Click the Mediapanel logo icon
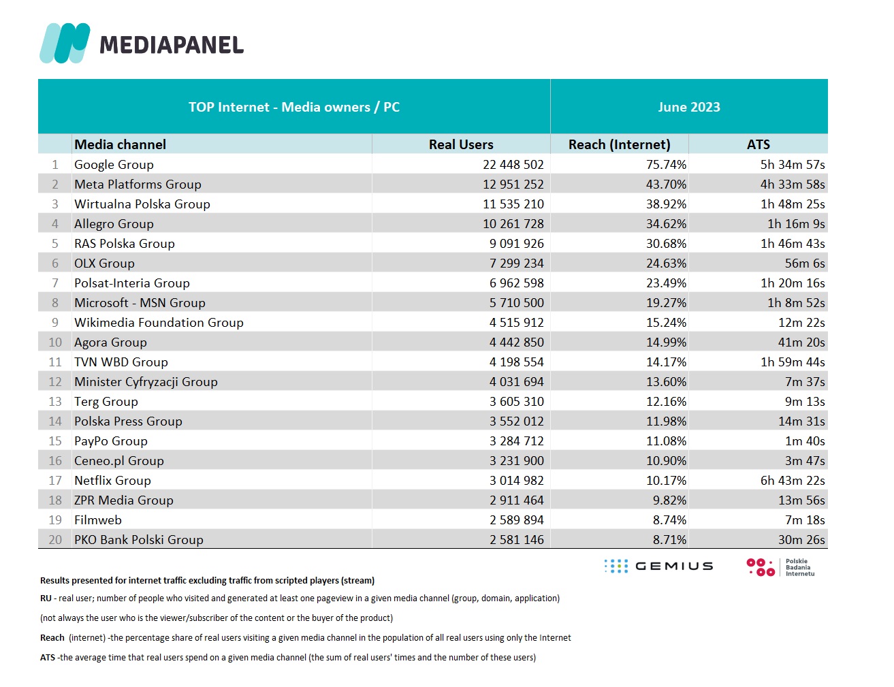[x=65, y=43]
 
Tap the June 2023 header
[x=688, y=107]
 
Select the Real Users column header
[x=461, y=144]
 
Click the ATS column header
[x=759, y=144]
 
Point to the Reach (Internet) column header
[x=619, y=144]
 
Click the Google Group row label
[x=114, y=165]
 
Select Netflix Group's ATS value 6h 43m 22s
[x=793, y=481]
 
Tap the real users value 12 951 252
[x=513, y=185]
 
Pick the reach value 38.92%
[x=666, y=204]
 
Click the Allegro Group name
[x=114, y=224]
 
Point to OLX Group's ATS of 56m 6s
[x=805, y=263]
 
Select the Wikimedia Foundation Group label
[x=159, y=323]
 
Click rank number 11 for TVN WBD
[x=55, y=362]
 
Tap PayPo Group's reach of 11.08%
[x=666, y=441]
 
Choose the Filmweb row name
[x=98, y=520]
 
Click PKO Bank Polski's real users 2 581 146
[x=516, y=540]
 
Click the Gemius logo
[x=658, y=566]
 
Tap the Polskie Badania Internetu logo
[x=780, y=567]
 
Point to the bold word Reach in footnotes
[x=52, y=637]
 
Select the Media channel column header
[x=120, y=144]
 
